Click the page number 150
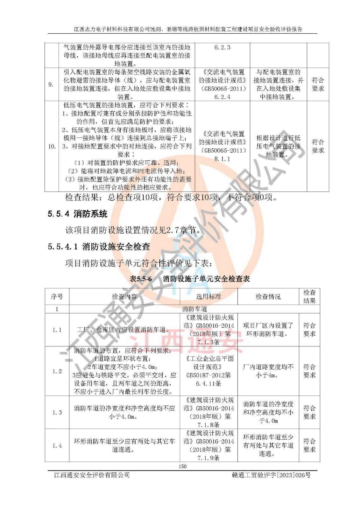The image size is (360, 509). coord(182,466)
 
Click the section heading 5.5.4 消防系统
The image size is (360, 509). coord(77,214)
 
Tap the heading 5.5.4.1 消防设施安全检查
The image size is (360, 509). coord(99,247)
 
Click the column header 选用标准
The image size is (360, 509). coord(208,296)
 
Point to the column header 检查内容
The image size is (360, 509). coord(124,296)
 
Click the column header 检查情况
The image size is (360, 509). coord(268,296)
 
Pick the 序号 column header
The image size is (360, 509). coord(57,296)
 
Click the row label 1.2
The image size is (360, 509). coord(57,371)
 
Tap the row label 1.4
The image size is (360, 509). coord(57,445)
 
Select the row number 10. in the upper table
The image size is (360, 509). coord(52,146)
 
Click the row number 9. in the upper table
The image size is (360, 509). coord(51,85)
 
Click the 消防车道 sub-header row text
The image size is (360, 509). coord(194,309)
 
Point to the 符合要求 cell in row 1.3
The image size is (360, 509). coord(309,412)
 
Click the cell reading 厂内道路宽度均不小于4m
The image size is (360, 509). coord(268,371)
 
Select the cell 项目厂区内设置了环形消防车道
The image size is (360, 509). coord(268,330)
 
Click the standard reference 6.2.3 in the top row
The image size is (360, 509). coord(222,47)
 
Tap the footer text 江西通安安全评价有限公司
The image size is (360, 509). coord(92,475)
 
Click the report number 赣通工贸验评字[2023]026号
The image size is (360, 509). coord(271,475)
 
